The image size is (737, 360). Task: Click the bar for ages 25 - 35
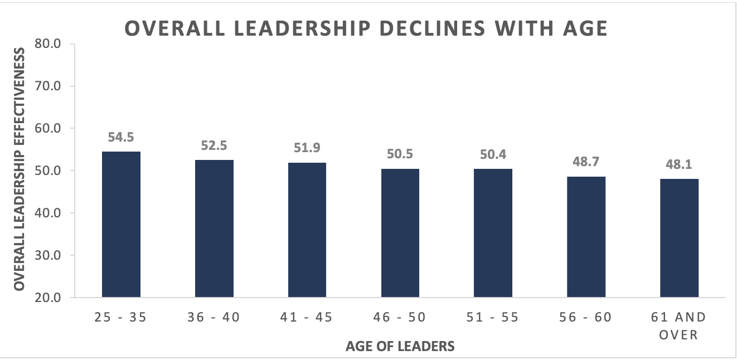(121, 225)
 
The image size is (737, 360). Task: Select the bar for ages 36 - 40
(214, 228)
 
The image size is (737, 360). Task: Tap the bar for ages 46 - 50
(400, 233)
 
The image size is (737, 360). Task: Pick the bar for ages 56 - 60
(586, 237)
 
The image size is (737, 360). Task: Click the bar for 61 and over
(679, 238)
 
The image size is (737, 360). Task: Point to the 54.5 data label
(121, 137)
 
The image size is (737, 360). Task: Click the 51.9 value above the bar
(307, 148)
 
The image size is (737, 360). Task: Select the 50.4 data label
(493, 154)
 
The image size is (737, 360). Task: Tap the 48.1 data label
(679, 164)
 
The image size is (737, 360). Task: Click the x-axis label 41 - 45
(307, 318)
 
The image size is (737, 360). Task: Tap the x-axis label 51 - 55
(493, 318)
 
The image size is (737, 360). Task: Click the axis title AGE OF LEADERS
(400, 347)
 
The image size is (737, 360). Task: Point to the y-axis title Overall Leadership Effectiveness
(20, 169)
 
